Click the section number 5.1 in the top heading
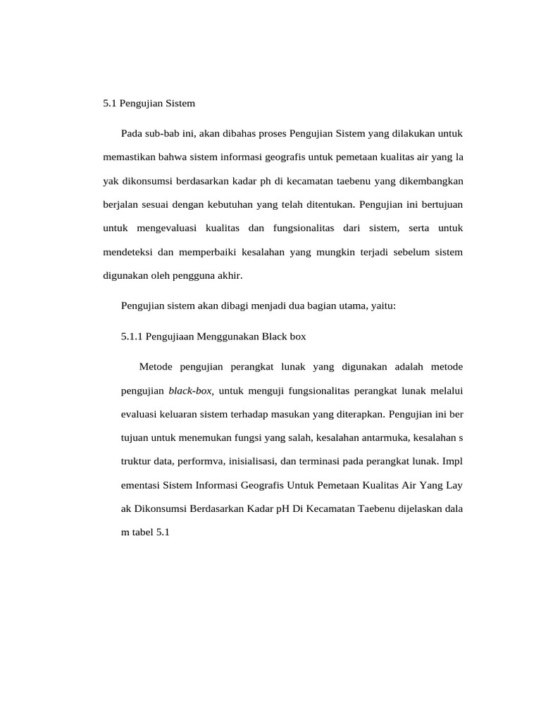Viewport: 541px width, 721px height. tap(109, 103)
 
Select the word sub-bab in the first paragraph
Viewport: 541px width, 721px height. tap(163, 133)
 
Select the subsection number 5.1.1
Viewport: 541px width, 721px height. tap(132, 337)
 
